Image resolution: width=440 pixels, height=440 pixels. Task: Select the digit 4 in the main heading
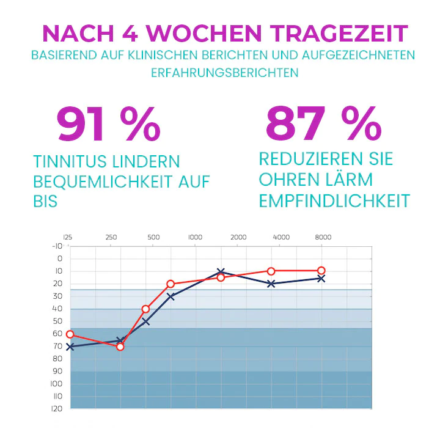click(x=137, y=32)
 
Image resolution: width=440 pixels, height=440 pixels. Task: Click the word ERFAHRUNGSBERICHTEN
click(x=224, y=72)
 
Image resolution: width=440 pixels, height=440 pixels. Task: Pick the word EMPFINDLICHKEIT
click(x=334, y=200)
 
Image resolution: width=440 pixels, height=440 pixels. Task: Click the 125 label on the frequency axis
click(x=68, y=237)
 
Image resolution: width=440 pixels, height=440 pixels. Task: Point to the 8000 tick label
click(x=323, y=237)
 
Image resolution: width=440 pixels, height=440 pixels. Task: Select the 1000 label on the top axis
click(x=195, y=237)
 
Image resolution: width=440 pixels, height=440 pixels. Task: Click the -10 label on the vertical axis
click(x=57, y=246)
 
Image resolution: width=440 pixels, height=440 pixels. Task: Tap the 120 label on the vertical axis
click(x=57, y=409)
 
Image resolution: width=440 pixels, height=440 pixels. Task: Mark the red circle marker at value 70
click(x=120, y=346)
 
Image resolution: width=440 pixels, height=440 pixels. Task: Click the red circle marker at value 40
click(x=145, y=309)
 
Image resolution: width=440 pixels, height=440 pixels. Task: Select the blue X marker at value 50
click(x=145, y=321)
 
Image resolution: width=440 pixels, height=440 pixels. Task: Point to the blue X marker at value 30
click(x=170, y=296)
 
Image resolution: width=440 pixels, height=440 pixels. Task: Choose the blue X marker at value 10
click(x=221, y=271)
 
